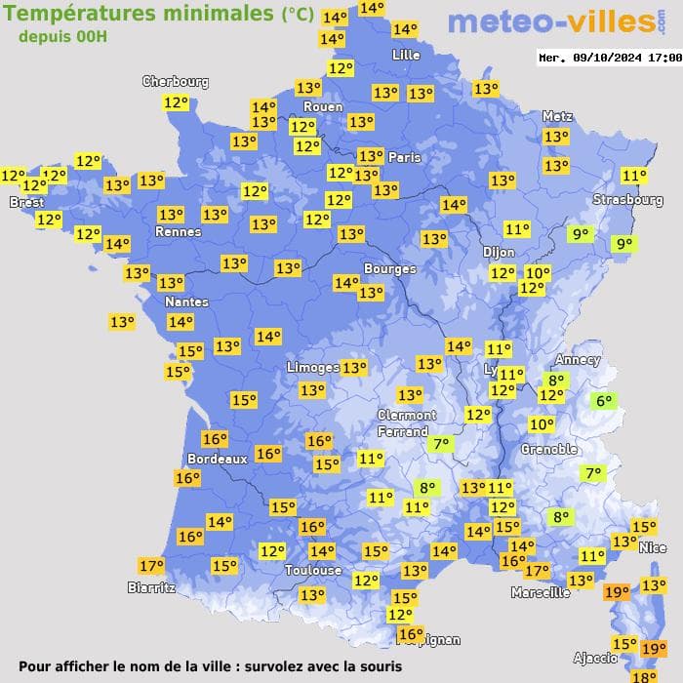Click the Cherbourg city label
tap(176, 82)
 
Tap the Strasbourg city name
tap(628, 200)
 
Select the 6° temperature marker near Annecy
tap(604, 400)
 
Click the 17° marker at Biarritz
tap(150, 566)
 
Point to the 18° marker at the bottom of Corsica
tap(643, 676)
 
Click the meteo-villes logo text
tap(551, 21)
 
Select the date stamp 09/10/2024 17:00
tap(609, 58)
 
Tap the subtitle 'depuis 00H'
tap(62, 36)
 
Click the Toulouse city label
tap(313, 570)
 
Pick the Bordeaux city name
tap(217, 459)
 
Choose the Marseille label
tap(541, 592)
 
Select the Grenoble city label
tap(549, 450)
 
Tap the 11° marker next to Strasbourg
tap(634, 177)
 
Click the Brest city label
tap(26, 202)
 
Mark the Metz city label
tap(557, 116)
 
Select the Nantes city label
tap(185, 301)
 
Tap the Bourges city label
tap(389, 268)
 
